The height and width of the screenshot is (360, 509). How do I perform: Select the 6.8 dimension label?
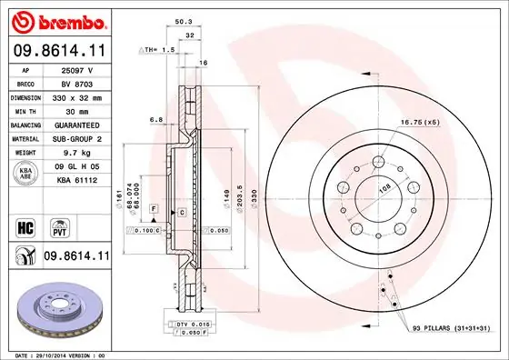155,118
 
